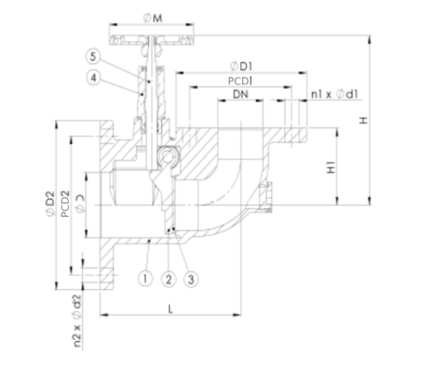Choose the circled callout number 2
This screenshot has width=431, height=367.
click(x=168, y=278)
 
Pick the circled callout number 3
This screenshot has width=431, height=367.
click(x=193, y=278)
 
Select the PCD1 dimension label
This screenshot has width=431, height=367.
click(x=240, y=81)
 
